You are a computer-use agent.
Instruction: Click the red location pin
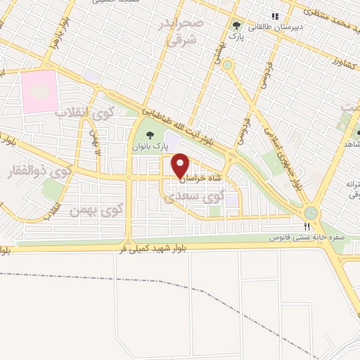181,166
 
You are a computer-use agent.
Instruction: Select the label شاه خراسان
201,179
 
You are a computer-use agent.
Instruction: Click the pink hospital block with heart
39,91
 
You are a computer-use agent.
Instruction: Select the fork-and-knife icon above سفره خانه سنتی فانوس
307,226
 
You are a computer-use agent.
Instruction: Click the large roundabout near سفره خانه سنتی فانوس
310,212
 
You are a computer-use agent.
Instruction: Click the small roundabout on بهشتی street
227,64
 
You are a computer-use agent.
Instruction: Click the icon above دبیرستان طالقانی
275,15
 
